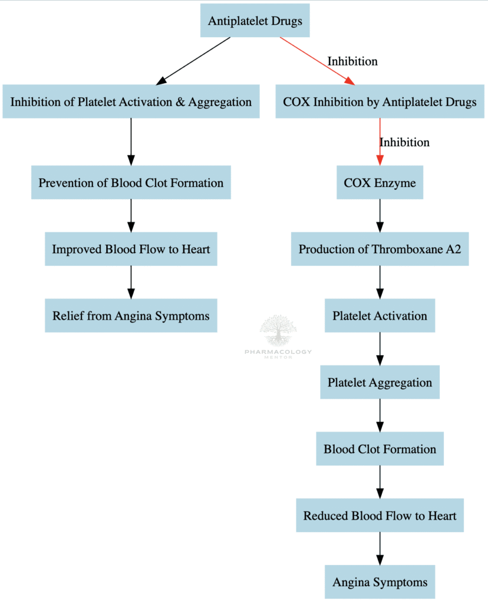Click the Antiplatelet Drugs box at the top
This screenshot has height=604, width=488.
point(255,21)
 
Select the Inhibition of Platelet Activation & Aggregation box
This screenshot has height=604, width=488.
point(131,101)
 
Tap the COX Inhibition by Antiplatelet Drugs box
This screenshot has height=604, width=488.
point(380,101)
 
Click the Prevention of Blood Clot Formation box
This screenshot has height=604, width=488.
point(131,182)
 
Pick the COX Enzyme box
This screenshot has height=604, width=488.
point(380,182)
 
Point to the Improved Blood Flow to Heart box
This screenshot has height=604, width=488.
point(131,249)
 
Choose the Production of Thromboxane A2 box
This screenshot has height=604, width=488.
point(380,249)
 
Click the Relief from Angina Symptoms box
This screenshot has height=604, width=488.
point(131,316)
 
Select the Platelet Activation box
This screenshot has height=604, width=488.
point(380,316)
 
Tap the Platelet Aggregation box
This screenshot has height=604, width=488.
point(380,382)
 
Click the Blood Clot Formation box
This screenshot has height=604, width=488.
point(380,449)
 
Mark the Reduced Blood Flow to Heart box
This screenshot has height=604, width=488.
point(380,516)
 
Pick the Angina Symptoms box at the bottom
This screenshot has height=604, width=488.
point(380,582)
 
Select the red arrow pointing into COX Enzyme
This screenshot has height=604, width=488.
point(380,142)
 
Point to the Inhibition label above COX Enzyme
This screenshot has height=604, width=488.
point(404,142)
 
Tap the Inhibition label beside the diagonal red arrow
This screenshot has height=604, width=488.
point(352,61)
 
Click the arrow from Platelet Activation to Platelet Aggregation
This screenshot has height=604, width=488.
point(380,349)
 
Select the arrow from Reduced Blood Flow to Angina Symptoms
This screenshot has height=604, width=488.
point(380,549)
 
